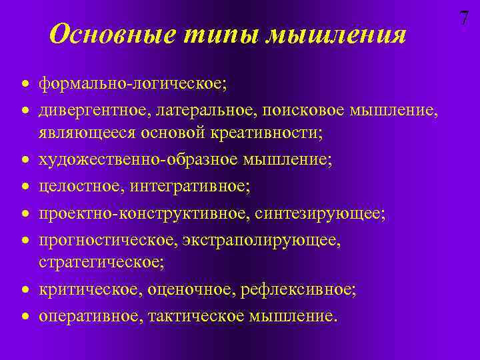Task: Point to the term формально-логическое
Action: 132,85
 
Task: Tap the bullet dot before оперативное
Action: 25,315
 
